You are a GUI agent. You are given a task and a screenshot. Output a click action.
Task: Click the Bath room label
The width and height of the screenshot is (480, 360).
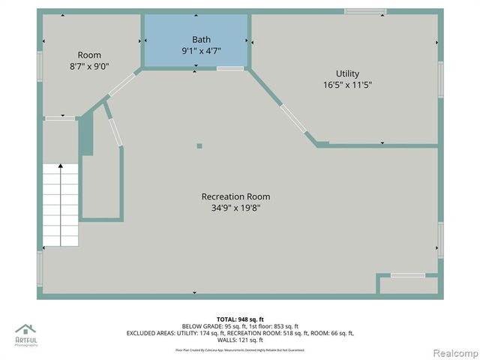pos(201,40)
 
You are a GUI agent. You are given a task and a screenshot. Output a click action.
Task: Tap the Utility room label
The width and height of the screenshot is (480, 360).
pos(347,73)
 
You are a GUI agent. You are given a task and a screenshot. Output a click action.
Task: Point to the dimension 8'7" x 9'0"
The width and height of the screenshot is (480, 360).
pos(89,66)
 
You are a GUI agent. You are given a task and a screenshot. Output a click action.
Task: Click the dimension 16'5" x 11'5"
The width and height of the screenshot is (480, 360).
pos(347,85)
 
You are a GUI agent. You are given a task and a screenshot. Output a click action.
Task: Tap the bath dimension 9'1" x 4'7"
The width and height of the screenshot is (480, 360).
pos(201,51)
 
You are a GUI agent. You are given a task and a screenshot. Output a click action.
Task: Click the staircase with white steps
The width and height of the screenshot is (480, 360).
pos(61,205)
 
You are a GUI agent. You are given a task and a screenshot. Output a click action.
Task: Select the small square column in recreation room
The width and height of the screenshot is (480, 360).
pos(199,146)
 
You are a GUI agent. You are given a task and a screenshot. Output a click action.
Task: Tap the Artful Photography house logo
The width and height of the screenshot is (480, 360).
pos(25,329)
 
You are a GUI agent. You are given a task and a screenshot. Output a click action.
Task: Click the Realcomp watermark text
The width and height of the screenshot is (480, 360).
pos(452,352)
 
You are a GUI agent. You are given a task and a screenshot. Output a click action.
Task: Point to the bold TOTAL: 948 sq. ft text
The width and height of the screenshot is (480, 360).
pos(240,319)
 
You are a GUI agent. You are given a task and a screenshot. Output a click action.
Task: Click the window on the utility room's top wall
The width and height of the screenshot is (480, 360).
pos(365,11)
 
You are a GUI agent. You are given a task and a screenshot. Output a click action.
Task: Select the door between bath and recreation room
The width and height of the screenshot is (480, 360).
pos(230,68)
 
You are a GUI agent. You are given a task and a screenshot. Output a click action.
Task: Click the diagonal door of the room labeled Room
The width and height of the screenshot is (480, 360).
pos(121,84)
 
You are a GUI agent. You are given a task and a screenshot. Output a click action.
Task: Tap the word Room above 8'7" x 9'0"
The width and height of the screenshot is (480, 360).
pos(89,55)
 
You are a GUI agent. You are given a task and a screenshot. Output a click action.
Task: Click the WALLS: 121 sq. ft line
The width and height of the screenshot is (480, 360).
pos(240,340)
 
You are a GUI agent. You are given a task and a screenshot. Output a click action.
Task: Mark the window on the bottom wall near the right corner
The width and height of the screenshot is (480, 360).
pos(408,275)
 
